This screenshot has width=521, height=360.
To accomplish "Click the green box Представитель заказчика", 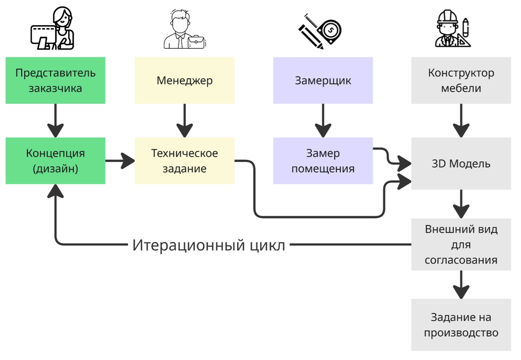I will point(55,80).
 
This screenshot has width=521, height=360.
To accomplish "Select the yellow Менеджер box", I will point(185,80).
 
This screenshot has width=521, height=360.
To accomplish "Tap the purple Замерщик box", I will point(323,80).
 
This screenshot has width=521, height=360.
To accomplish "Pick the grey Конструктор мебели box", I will point(461,80).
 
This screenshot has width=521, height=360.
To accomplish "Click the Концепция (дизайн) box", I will point(55,161).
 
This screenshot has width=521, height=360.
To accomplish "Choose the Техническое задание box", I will point(185,161).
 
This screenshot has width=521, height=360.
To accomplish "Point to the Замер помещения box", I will point(323,161).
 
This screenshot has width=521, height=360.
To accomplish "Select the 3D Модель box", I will point(461,164).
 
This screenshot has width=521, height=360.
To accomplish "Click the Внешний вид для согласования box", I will point(461,244).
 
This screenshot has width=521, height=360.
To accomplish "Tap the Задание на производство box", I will point(461,325).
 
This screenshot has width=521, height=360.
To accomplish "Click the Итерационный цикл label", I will point(209,245).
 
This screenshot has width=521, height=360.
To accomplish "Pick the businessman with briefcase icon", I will point(185,30).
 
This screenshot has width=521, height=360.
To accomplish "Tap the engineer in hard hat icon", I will point(453,30).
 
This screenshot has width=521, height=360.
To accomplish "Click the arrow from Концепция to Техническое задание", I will point(120,161).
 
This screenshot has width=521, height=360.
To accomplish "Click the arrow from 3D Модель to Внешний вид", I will point(461,204).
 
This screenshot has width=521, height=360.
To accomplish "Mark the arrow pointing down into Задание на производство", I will point(461,284).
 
